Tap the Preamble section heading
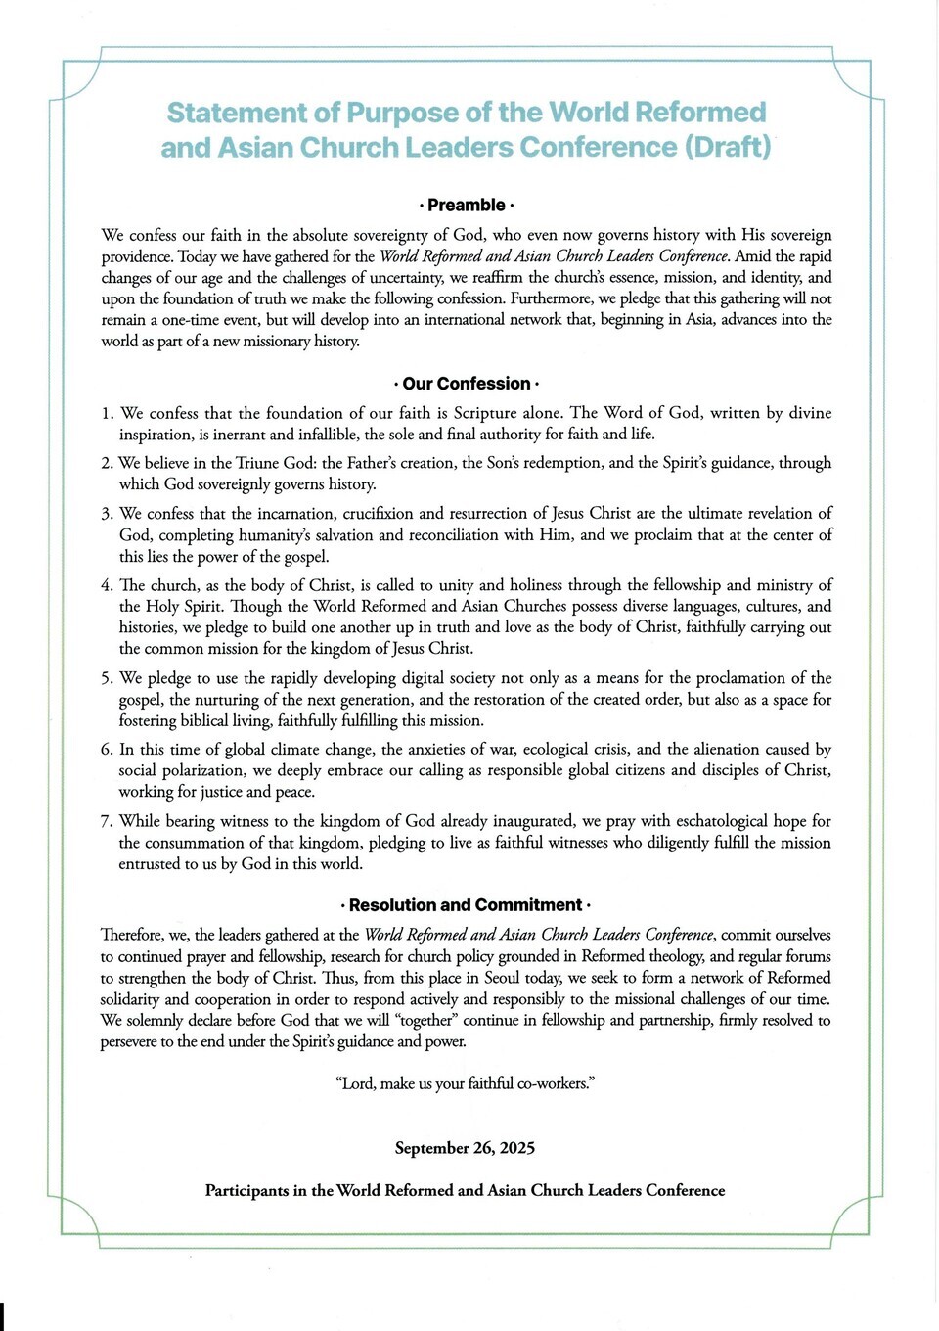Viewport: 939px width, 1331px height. click(466, 205)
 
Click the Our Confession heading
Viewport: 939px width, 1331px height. click(466, 384)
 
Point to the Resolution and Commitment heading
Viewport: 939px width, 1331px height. click(466, 905)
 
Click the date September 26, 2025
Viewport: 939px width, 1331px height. click(465, 1148)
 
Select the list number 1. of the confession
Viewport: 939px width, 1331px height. click(108, 413)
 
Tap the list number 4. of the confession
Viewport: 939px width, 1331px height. click(108, 585)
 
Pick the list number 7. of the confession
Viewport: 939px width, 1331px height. click(108, 821)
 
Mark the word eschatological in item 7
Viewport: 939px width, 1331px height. click(707, 821)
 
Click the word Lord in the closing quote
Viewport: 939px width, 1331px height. click(358, 1083)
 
